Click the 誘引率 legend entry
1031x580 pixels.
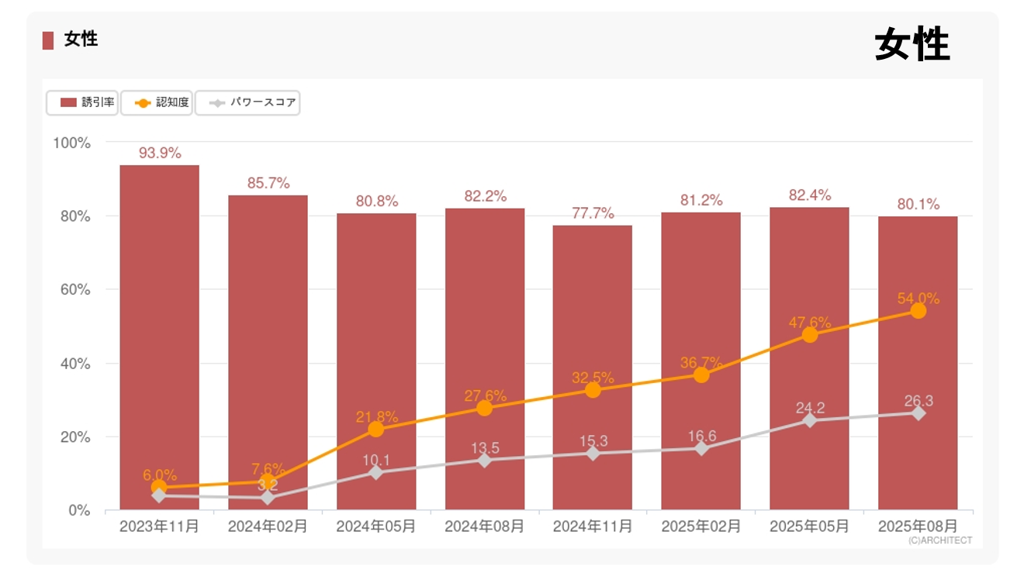click(82, 102)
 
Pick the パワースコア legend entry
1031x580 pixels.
click(247, 102)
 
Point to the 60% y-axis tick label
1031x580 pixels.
click(71, 290)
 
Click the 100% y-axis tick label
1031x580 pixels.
click(71, 143)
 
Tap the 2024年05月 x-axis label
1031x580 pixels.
click(375, 526)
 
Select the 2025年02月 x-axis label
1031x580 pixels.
click(701, 526)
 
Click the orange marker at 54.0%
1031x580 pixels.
click(918, 311)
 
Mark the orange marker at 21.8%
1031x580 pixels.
click(376, 429)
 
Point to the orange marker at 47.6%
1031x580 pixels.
click(810, 335)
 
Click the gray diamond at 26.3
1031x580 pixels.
click(918, 413)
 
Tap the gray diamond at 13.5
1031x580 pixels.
click(485, 460)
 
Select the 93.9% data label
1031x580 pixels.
click(160, 153)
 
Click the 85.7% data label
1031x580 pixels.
click(268, 183)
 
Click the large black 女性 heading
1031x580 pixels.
click(912, 44)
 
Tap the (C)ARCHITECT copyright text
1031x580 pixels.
click(939, 540)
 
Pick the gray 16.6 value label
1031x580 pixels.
click(701, 437)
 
